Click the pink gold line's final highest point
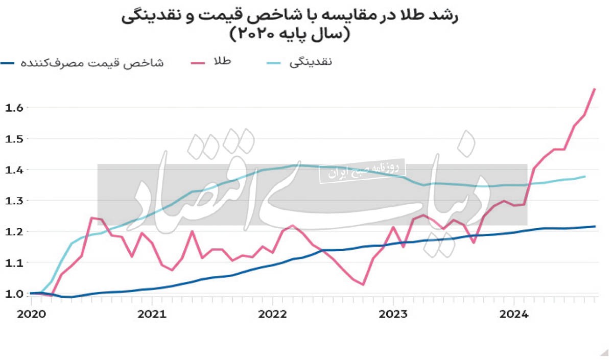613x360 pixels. (595, 89)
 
